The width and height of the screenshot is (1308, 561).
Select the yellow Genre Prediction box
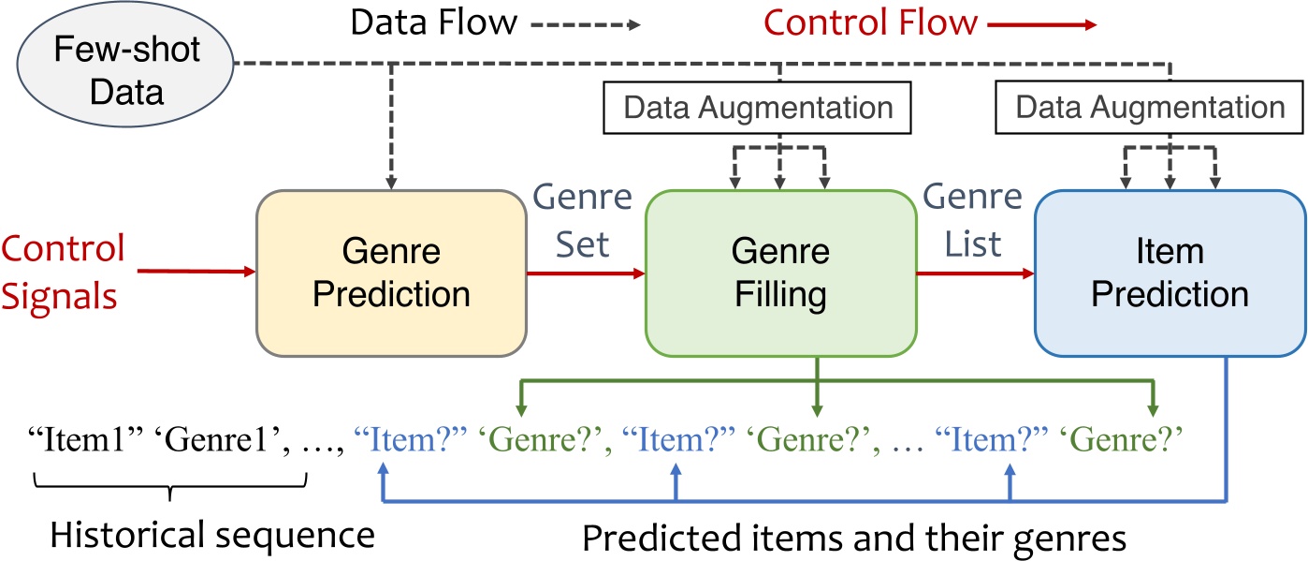pos(391,273)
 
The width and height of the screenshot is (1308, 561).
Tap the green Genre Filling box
pos(780,273)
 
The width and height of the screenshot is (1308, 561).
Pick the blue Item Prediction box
pos(1170,273)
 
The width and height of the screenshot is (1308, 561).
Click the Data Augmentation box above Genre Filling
pos(758,107)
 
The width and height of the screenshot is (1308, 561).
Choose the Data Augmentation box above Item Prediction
pos(1150,107)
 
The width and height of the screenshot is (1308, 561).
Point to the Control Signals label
pos(63,272)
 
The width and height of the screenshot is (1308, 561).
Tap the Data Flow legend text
pos(433,22)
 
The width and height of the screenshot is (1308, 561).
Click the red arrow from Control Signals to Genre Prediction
pos(196,273)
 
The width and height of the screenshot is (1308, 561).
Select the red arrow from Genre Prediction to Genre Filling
pos(585,273)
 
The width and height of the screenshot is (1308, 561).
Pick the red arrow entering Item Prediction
pos(975,273)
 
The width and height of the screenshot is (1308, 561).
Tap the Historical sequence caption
pos(212,537)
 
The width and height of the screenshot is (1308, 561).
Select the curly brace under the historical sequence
pos(170,485)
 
